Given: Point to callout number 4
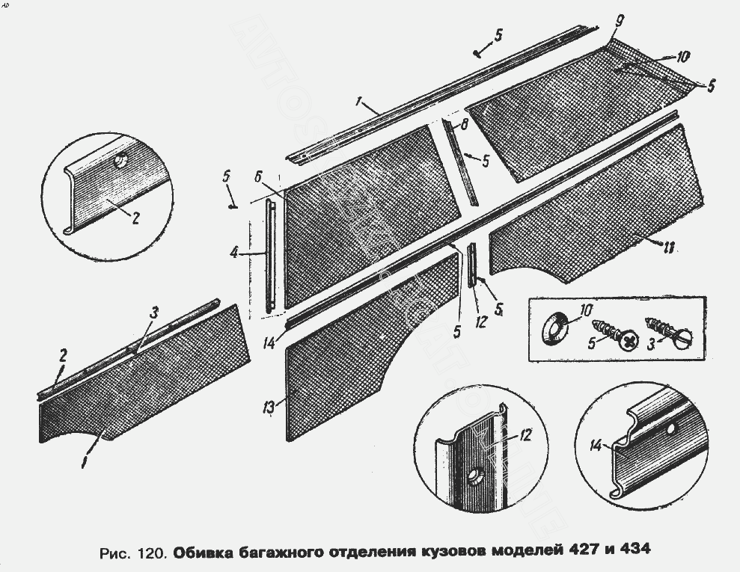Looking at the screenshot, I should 234,253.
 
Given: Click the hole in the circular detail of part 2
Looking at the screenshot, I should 120,160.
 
